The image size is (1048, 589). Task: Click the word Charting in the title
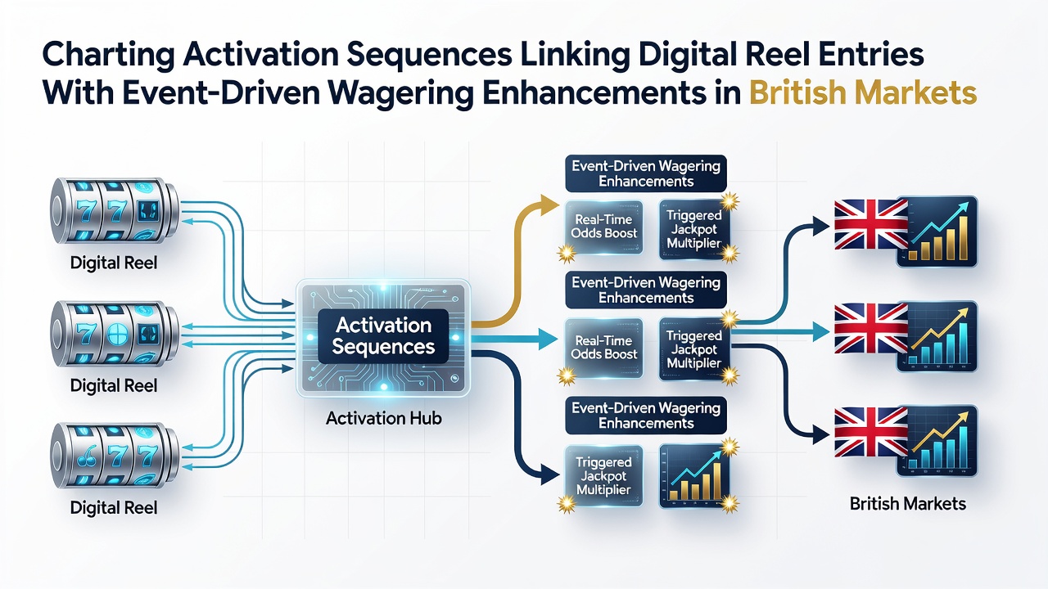click(x=109, y=55)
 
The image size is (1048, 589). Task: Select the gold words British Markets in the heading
click(x=863, y=92)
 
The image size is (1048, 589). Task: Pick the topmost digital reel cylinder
click(x=114, y=210)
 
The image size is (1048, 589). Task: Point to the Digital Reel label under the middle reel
click(x=114, y=385)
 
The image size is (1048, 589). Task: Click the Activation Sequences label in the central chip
click(x=384, y=336)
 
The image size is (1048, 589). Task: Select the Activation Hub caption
click(x=384, y=418)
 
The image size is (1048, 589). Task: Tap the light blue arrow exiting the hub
click(x=515, y=339)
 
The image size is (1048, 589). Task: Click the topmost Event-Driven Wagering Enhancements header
click(x=646, y=173)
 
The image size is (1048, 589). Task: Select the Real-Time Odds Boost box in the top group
click(x=604, y=227)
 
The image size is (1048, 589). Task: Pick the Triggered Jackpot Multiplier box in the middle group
click(x=694, y=349)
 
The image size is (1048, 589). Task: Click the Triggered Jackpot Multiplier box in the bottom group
click(x=603, y=476)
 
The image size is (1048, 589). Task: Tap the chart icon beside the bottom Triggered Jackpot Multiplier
click(x=694, y=476)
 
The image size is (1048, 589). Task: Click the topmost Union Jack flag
click(x=871, y=224)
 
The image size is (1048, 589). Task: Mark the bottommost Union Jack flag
click(x=871, y=432)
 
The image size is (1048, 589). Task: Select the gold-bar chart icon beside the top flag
click(x=937, y=232)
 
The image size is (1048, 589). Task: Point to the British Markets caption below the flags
click(x=908, y=504)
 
